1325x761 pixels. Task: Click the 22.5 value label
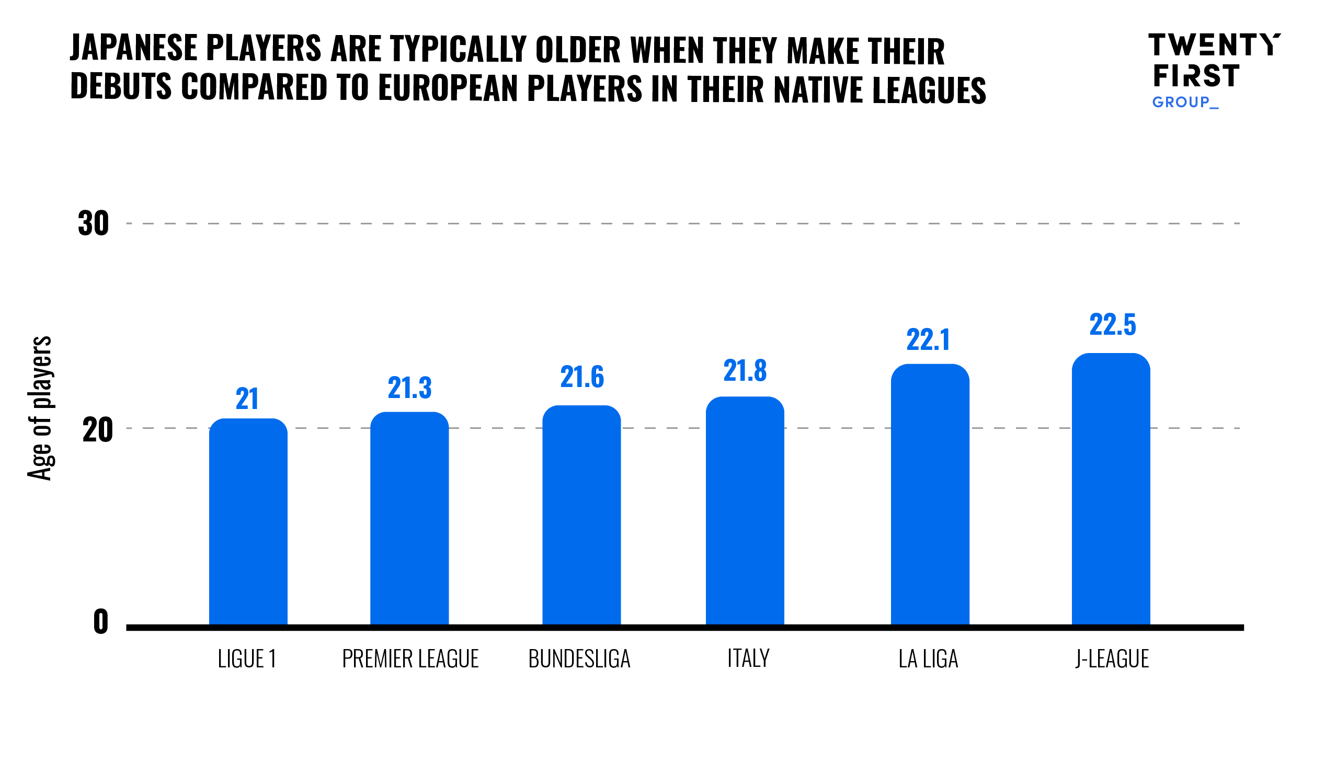click(x=1113, y=325)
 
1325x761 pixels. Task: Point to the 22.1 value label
click(x=928, y=340)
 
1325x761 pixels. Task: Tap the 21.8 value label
click(x=745, y=371)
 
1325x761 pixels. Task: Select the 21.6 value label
click(x=582, y=377)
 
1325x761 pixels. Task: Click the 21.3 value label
click(x=409, y=388)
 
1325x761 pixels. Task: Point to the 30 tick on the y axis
click(x=94, y=224)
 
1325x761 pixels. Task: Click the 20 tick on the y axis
click(x=97, y=430)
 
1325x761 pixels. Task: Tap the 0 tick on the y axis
click(x=100, y=622)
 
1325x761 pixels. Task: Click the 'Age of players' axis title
click(x=40, y=408)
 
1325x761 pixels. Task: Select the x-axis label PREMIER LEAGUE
click(x=410, y=659)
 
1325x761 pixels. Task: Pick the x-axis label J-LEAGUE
click(x=1112, y=659)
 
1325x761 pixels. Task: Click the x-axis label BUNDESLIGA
click(x=579, y=659)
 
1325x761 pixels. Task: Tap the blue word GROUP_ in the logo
click(x=1185, y=102)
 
